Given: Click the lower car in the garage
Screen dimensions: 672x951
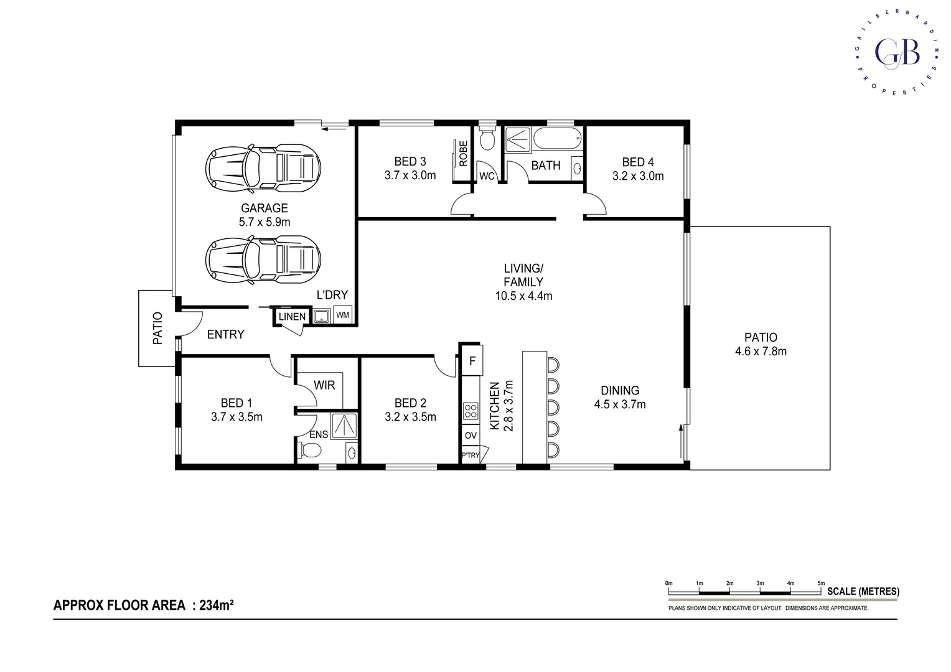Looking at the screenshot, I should (x=264, y=259).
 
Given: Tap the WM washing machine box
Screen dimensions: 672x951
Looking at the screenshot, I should (x=342, y=315).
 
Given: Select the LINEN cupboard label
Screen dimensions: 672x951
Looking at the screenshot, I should (x=292, y=317).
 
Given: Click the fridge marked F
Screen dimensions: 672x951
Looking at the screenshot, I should (x=472, y=362).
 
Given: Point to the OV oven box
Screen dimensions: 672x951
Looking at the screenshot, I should (x=471, y=436).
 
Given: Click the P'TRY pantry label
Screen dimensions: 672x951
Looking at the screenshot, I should (x=471, y=455).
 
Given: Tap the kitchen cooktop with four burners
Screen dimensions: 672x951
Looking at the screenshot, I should (x=471, y=411).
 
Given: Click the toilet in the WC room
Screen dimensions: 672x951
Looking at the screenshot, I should (x=487, y=141).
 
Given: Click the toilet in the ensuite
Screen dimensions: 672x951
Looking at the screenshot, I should (x=310, y=449).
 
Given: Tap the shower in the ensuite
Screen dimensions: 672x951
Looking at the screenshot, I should (x=342, y=426).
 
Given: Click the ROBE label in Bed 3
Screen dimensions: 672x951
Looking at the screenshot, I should (x=463, y=153).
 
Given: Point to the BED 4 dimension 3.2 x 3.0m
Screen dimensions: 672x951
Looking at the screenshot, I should (x=638, y=176).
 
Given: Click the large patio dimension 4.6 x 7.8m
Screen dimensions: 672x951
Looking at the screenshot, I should (x=761, y=352).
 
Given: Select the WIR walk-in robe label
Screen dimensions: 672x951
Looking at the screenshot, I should (x=324, y=385).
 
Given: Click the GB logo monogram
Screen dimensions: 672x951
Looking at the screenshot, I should (x=897, y=53).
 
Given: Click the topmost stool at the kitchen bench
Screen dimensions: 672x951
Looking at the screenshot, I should (x=553, y=363).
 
